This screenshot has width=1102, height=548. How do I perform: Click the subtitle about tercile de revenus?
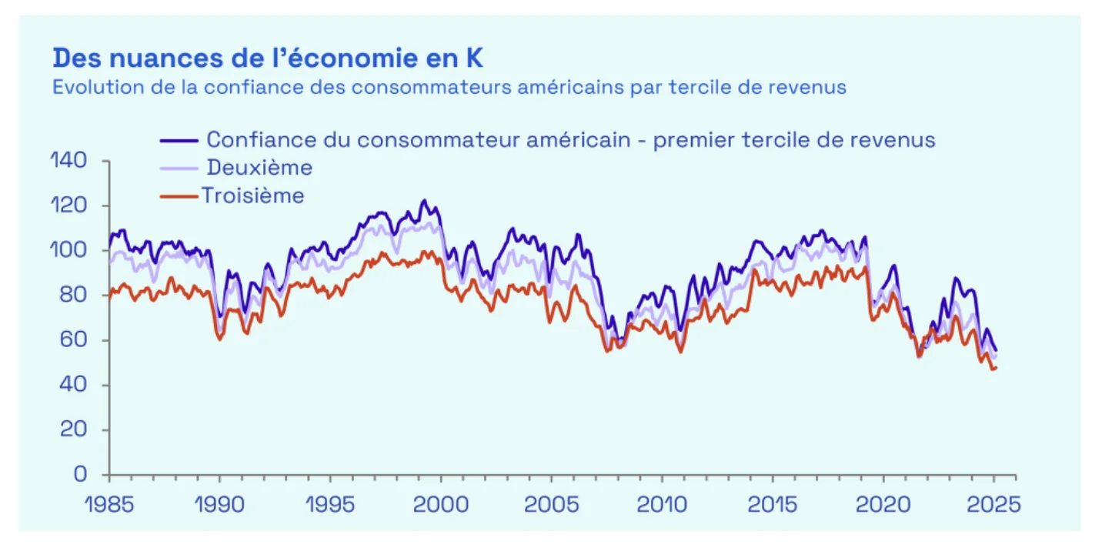[x=449, y=87]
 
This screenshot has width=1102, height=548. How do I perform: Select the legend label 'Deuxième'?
[x=259, y=168]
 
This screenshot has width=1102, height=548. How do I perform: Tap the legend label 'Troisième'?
[x=253, y=195]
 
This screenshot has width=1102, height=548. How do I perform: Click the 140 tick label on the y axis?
[x=68, y=162]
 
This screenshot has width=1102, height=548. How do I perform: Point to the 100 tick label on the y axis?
[x=68, y=251]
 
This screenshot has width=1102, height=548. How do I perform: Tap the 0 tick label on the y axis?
[x=81, y=475]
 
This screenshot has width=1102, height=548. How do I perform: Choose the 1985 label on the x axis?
[x=109, y=505]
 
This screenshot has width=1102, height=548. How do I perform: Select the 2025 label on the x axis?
[x=993, y=505]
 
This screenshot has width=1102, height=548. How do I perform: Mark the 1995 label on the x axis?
[x=330, y=505]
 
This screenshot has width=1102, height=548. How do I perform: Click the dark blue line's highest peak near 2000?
[x=424, y=200]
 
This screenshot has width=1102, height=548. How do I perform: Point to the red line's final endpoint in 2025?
[x=996, y=368]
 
